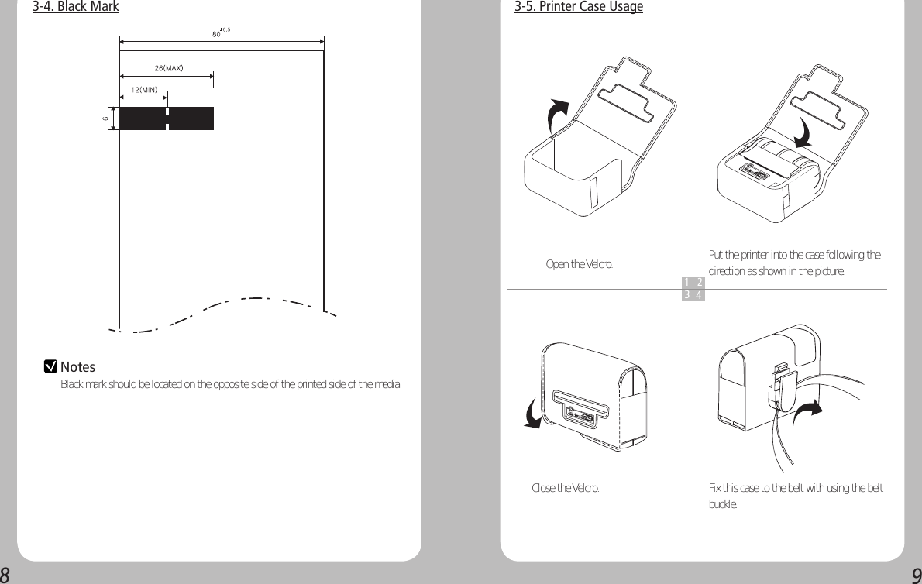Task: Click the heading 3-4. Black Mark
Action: point(75,7)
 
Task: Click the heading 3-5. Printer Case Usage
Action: point(578,7)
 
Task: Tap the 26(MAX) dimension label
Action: point(168,68)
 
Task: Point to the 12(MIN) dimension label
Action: point(144,90)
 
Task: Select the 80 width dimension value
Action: point(217,34)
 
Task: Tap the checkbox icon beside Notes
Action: point(51,366)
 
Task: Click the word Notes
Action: point(77,367)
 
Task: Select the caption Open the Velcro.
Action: point(579,265)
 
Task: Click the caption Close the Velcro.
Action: point(564,488)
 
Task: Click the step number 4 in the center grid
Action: point(699,295)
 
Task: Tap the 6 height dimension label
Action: point(105,119)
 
